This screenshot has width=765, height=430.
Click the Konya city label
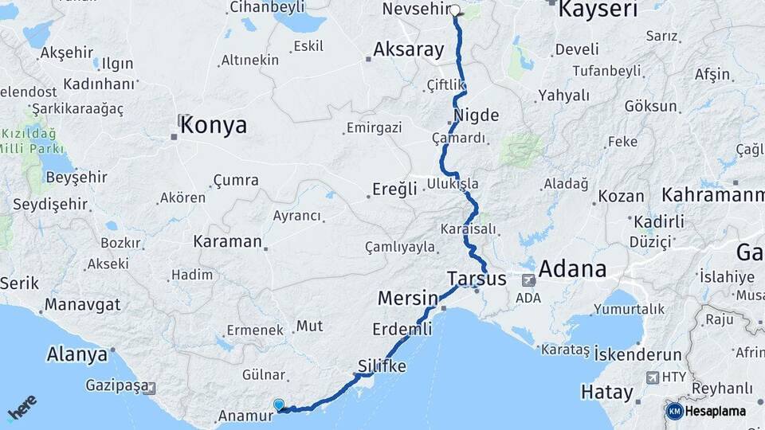coord(214,125)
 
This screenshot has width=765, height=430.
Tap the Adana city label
coord(572,268)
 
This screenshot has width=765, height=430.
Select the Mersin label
coord(408,299)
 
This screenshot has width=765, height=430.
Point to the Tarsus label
coord(477,279)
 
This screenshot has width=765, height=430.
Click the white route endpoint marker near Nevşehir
coord(455,11)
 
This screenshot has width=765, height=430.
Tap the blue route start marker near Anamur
coord(278,405)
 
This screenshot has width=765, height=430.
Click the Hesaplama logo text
coord(715,411)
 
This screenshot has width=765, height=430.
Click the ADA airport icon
coord(528,280)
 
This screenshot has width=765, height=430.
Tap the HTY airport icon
coord(653,377)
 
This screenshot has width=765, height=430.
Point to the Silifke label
coord(382,366)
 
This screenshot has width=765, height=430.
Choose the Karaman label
coord(227,240)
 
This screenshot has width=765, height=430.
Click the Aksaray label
coord(409,49)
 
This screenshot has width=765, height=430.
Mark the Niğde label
coord(476,115)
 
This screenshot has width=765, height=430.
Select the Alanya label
coord(77,354)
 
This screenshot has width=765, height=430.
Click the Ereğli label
coord(395,189)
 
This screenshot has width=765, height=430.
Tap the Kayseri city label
coord(598,10)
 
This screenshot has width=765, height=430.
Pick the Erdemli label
coord(402,328)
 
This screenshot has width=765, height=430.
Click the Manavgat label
coord(82,304)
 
